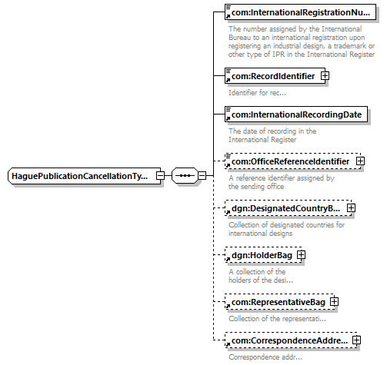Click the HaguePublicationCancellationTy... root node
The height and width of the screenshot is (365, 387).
click(85, 176)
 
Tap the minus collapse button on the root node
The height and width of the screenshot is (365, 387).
click(160, 176)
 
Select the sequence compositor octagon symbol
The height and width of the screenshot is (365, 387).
click(185, 176)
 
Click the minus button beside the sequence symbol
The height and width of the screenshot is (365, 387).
click(202, 176)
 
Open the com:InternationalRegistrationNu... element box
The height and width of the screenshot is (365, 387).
click(300, 12)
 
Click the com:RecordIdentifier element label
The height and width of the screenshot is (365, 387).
click(273, 76)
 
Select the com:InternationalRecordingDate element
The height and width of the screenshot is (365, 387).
click(296, 114)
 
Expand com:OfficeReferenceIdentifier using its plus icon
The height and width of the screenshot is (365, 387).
click(360, 161)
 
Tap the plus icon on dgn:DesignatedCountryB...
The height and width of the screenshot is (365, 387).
click(351, 208)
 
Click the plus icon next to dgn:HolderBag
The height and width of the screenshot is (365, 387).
click(301, 255)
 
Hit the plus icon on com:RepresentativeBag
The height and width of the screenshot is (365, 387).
click(334, 302)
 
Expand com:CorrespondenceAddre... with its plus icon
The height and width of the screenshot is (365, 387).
click(356, 340)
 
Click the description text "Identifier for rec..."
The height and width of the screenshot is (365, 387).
click(257, 93)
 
